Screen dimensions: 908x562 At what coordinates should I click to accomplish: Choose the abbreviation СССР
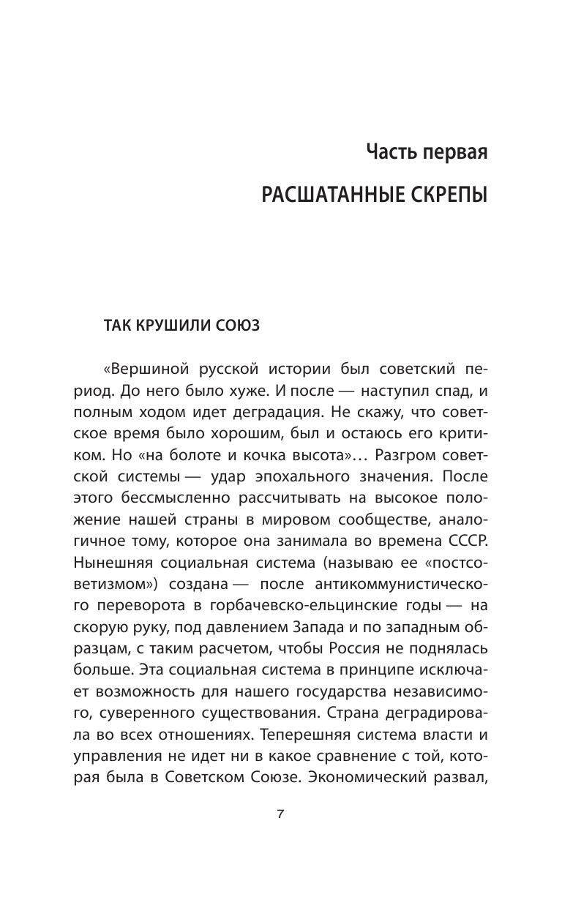click(x=460, y=541)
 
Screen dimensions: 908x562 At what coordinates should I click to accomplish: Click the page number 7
click(x=280, y=816)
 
